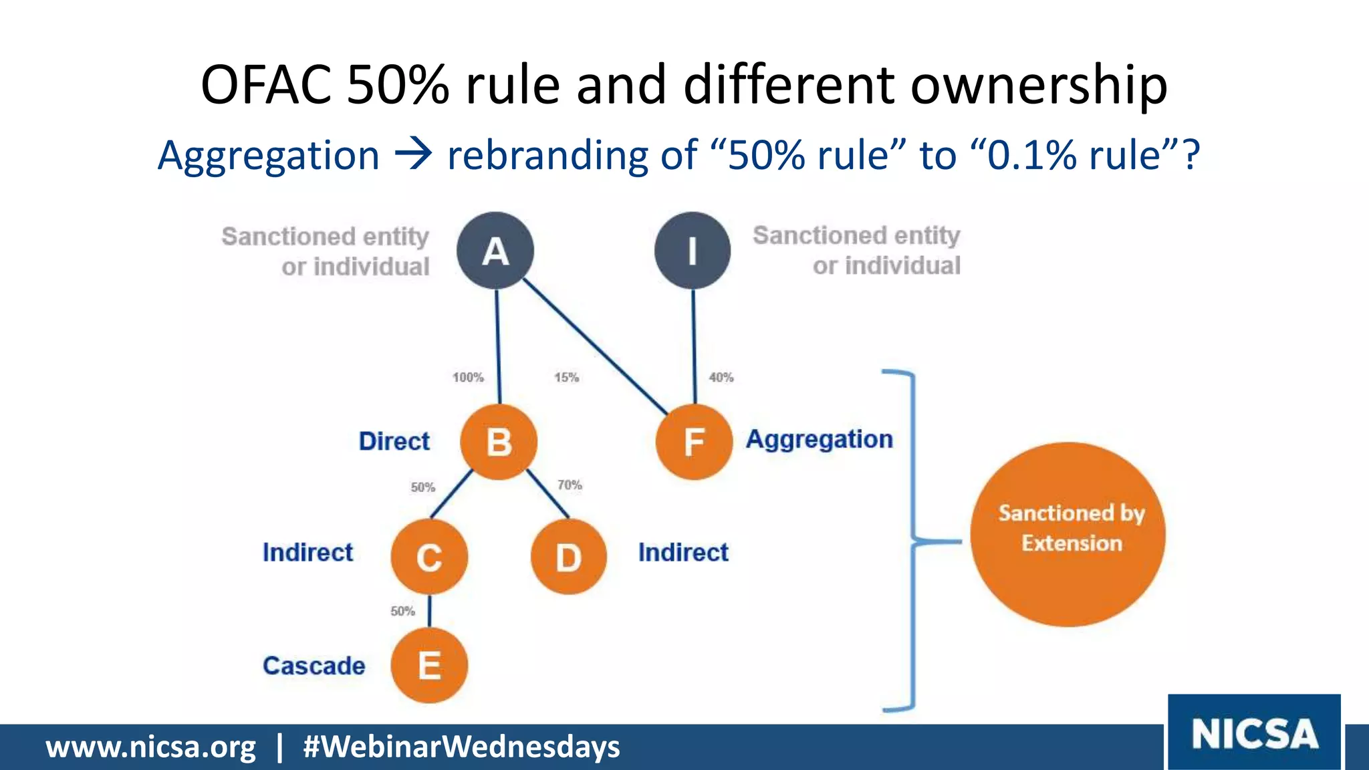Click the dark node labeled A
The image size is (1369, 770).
pos(495,251)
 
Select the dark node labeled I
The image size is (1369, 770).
pos(693,251)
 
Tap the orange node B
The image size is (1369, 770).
pos(499,442)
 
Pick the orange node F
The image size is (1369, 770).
pos(694,442)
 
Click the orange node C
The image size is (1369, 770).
pos(429,557)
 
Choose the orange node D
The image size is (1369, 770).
pos(569,557)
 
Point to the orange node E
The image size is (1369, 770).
pos(429,666)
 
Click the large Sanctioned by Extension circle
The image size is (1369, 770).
pos(1068,534)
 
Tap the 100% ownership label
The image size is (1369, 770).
pos(468,378)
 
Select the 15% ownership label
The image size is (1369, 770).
pos(566,378)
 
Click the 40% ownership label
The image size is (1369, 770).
pos(721,378)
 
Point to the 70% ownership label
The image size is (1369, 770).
pos(570,485)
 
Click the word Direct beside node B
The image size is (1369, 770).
pos(394,442)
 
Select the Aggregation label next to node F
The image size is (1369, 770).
pos(820,440)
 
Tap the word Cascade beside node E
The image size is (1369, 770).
pos(314,666)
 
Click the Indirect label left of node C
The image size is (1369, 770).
pos(307,553)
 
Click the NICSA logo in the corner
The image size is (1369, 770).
pos(1254,733)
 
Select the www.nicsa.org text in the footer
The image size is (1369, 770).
pos(151,747)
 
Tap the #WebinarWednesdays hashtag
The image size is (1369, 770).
pos(461,747)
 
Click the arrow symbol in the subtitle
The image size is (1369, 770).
pos(413,155)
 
